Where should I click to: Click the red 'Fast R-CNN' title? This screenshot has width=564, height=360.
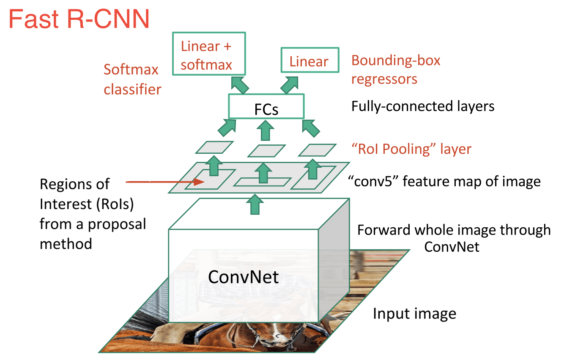[x=79, y=19]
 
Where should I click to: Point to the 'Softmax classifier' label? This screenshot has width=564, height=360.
[x=132, y=79]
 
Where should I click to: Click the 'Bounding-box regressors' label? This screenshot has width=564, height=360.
[x=396, y=69]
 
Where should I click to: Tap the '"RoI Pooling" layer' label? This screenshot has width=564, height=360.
[x=411, y=149]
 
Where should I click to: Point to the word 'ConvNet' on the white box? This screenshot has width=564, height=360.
[x=244, y=276]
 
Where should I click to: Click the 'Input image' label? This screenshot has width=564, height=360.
[x=414, y=314]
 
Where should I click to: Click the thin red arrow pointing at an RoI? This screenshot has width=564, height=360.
[x=163, y=183]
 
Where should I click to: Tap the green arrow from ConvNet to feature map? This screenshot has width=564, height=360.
[x=254, y=205]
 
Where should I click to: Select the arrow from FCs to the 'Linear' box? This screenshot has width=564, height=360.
[x=289, y=85]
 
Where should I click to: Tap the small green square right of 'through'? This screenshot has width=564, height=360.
[x=558, y=230]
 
